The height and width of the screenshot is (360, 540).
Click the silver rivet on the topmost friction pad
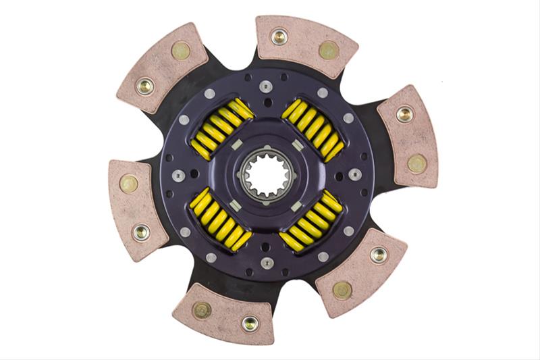[279, 36]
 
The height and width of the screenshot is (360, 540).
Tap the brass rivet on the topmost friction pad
[329, 50]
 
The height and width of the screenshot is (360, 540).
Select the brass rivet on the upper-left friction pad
[180, 51]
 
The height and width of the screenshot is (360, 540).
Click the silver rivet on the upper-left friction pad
[144, 86]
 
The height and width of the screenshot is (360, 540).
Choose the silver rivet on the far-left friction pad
[141, 232]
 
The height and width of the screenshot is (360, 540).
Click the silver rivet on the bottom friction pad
[250, 323]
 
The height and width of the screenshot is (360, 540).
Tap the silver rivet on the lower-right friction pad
[379, 255]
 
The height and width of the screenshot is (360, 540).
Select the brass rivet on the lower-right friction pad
[342, 290]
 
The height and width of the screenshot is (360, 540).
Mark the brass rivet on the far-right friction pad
[417, 163]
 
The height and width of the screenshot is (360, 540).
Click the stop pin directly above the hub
[265, 86]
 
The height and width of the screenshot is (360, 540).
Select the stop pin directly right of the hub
[354, 174]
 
